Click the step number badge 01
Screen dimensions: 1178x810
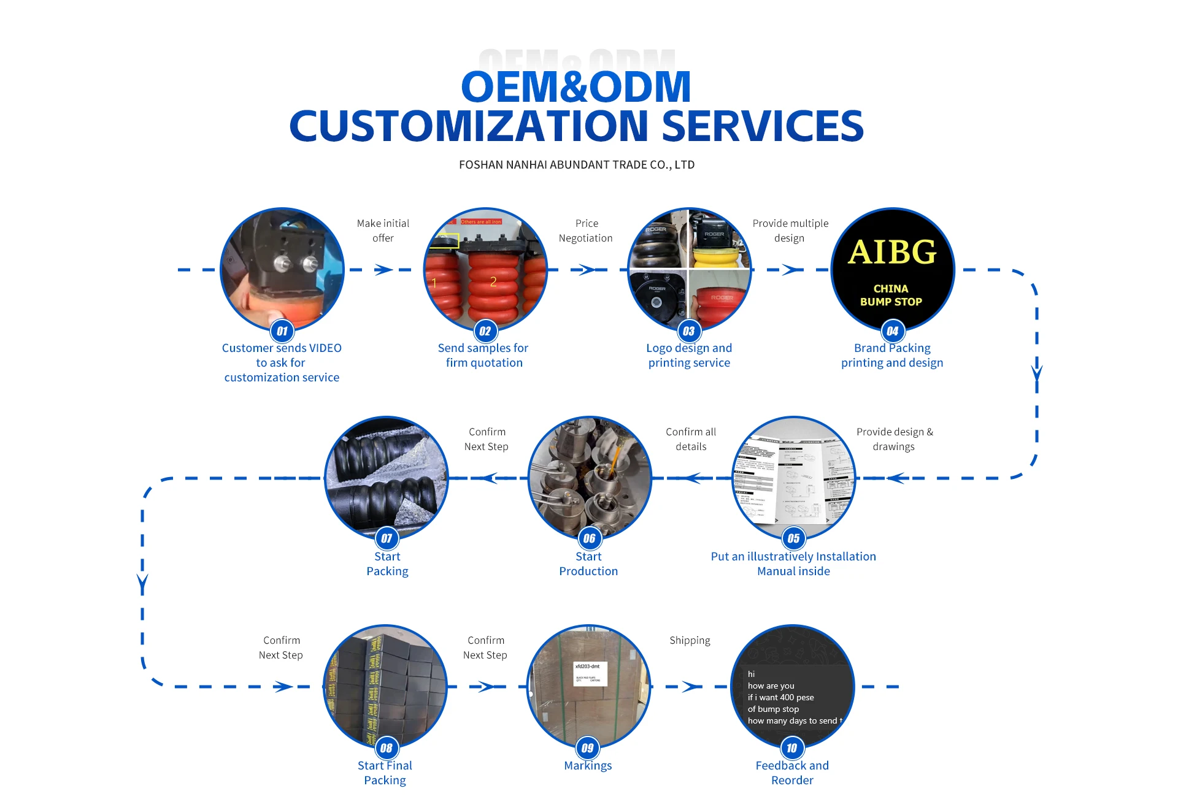pos(282,332)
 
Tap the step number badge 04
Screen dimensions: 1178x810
pos(892,332)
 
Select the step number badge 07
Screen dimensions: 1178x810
pos(387,539)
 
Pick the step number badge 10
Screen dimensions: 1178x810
pos(792,748)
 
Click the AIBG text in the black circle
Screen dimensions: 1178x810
pos(892,252)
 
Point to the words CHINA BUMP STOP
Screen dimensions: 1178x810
pos(891,295)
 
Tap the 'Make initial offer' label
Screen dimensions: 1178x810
pos(383,231)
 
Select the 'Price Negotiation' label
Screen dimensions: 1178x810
pos(586,231)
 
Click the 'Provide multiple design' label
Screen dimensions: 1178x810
pos(790,231)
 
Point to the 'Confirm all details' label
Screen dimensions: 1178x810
pos(691,439)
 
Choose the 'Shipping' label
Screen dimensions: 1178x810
pos(690,640)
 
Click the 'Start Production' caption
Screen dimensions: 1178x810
pos(588,564)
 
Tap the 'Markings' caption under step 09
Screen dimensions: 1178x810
pos(588,765)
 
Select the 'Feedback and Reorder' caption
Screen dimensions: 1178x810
pos(792,773)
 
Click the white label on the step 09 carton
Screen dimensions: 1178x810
pos(590,674)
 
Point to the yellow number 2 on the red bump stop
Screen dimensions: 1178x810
pos(493,281)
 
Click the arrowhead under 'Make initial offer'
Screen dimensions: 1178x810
pos(384,270)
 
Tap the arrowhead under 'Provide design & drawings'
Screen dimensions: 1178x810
pos(896,478)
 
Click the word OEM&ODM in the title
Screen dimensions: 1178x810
pos(576,87)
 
